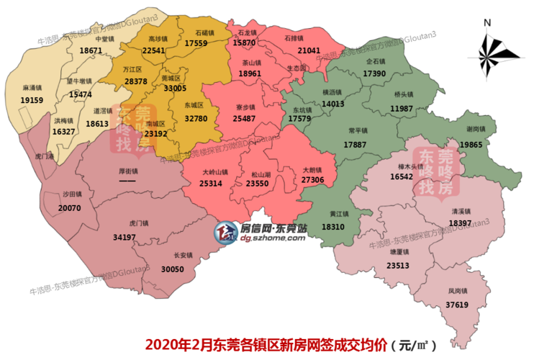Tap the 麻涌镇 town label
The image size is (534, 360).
[33, 89]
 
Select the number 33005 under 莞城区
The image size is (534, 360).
[175, 88]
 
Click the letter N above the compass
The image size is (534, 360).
[487, 22]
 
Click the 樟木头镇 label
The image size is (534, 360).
[410, 166]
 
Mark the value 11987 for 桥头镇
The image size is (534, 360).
[402, 108]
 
